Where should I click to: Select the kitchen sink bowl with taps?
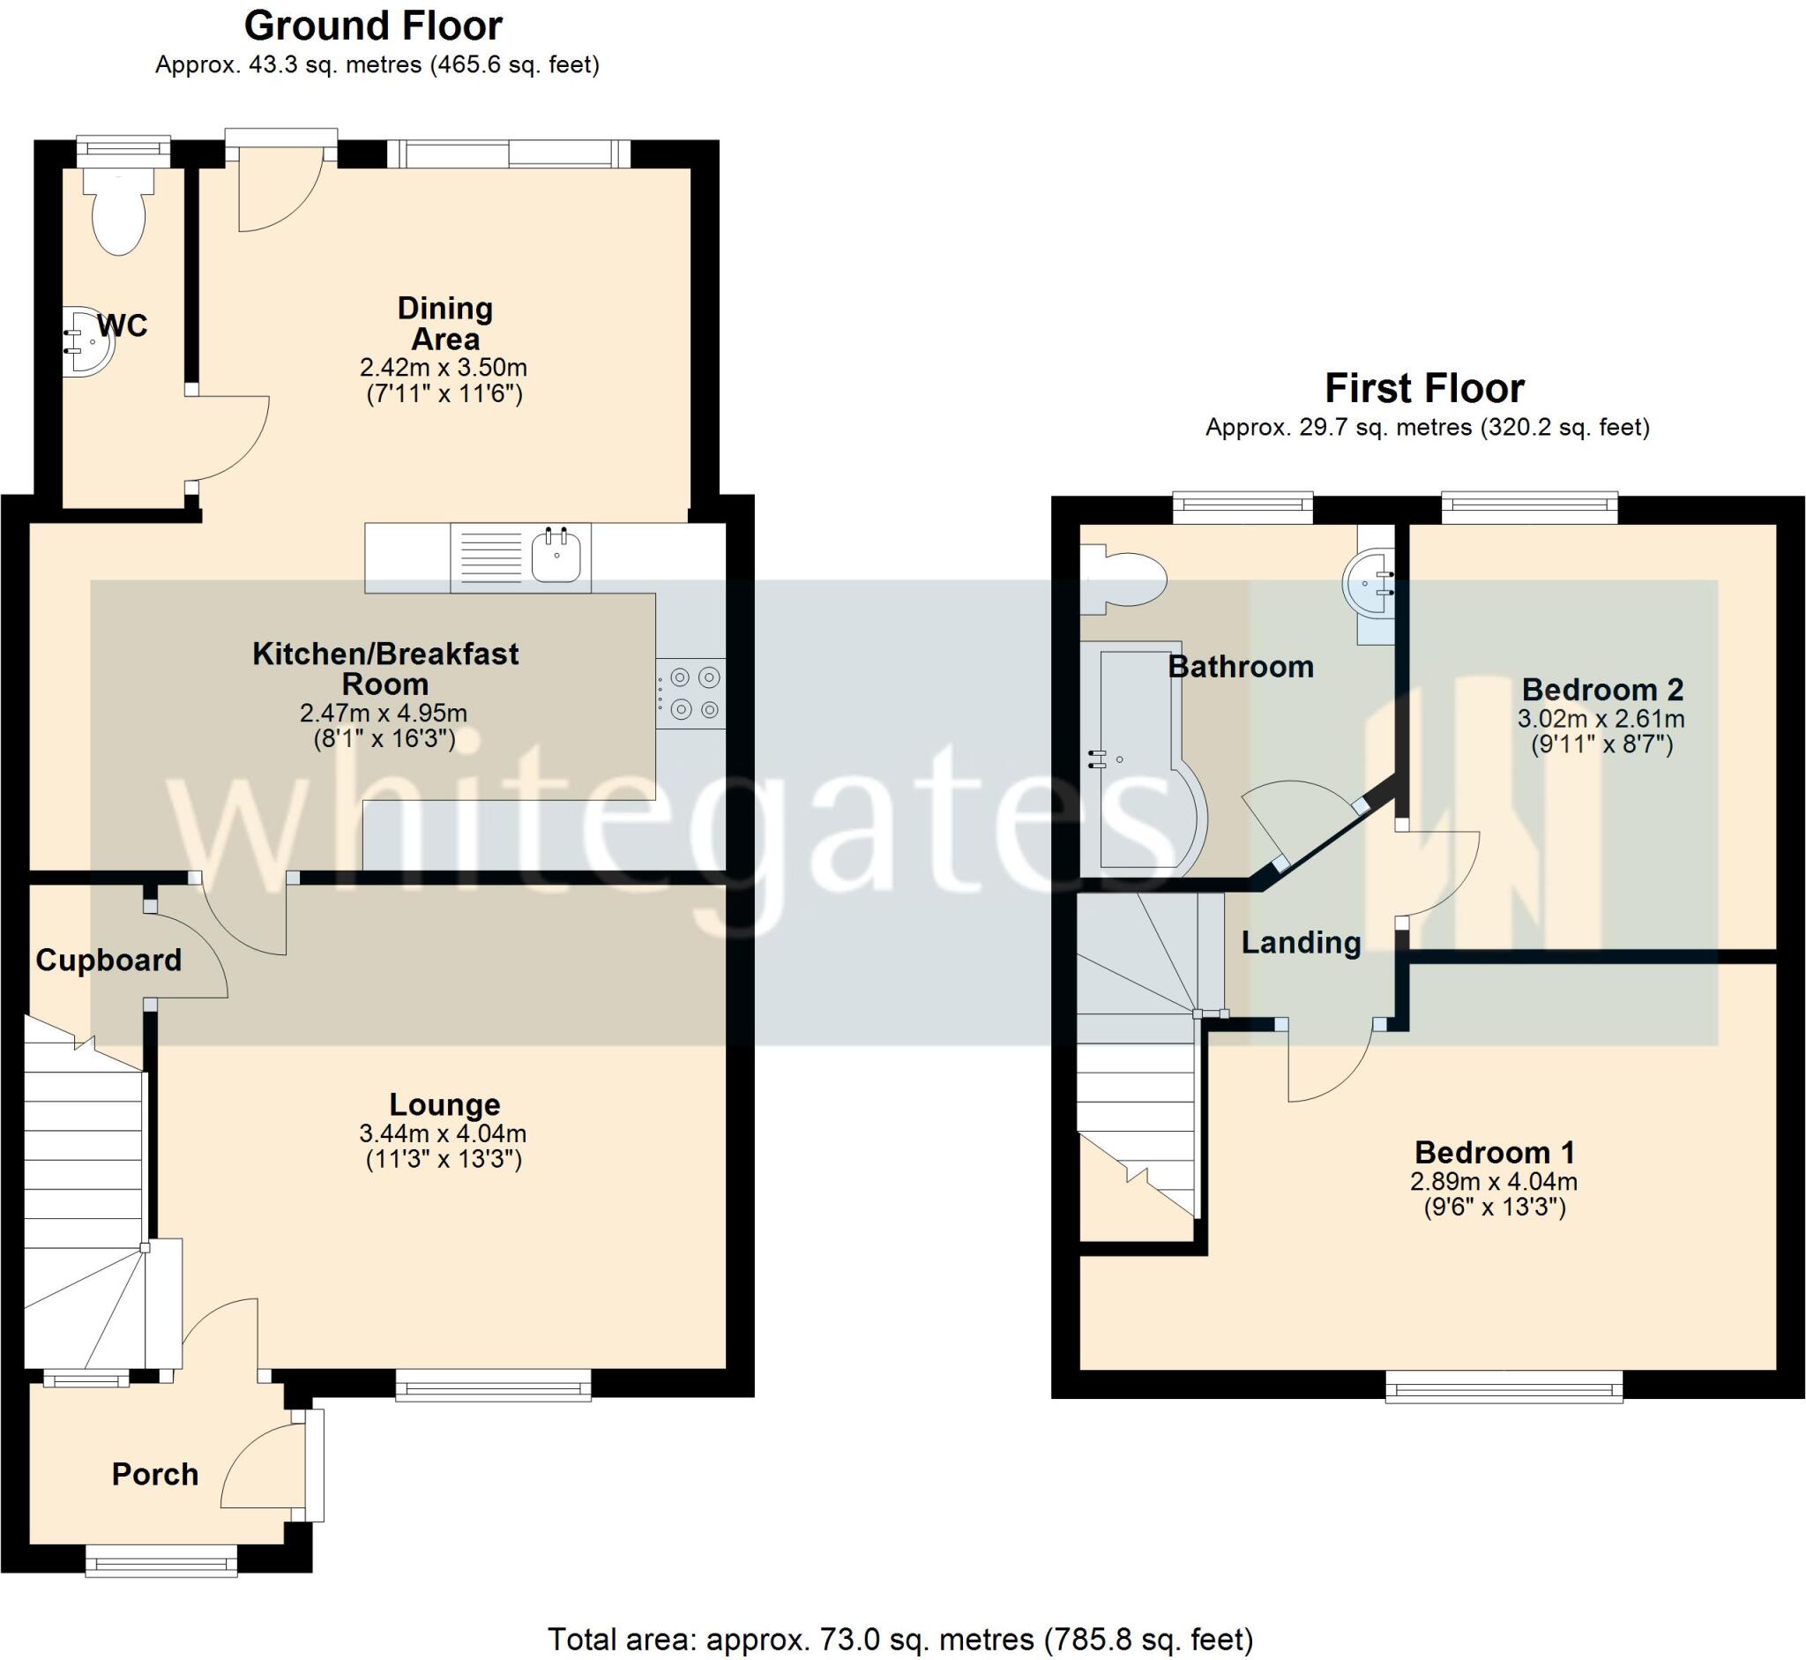click(556, 556)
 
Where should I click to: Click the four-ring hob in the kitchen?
click(690, 693)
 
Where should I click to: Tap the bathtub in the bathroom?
click(1140, 759)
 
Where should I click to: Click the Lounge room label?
click(444, 1104)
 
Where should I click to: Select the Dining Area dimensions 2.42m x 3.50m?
click(443, 368)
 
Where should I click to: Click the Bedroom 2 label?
click(1602, 689)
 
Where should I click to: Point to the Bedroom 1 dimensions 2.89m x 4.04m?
click(1494, 1181)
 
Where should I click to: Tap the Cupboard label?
click(108, 961)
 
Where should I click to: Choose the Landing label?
click(1302, 942)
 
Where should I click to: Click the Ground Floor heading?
click(373, 26)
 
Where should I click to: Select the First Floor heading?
click(1424, 388)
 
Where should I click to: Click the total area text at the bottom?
click(899, 1640)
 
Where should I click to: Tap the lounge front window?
click(493, 1384)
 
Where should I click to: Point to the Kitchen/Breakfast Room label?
click(385, 669)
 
